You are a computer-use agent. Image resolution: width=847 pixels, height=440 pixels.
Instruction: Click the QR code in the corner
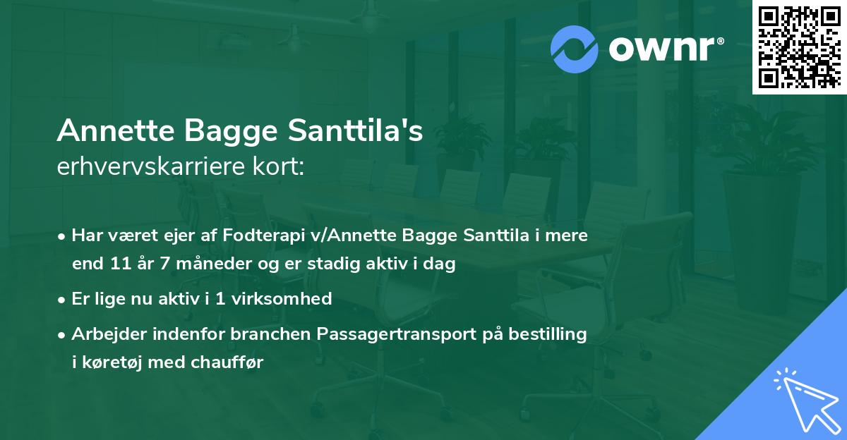pos(799,47)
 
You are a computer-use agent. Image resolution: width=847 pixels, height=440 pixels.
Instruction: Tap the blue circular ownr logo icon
pos(575,49)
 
